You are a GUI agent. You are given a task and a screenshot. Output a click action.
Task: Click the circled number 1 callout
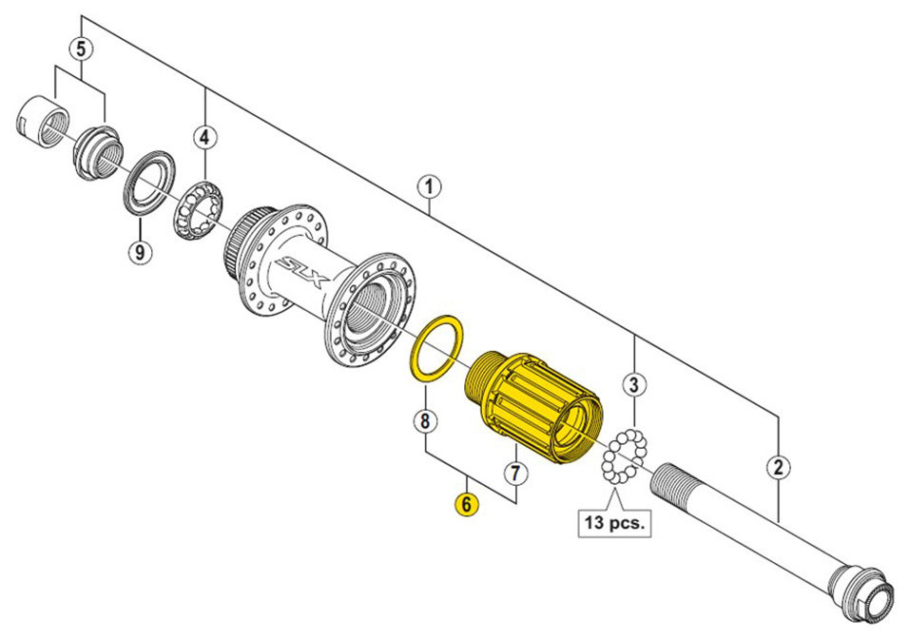(x=429, y=188)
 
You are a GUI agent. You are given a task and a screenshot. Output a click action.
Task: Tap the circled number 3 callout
(x=633, y=384)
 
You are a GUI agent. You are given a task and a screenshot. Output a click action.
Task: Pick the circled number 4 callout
(x=204, y=138)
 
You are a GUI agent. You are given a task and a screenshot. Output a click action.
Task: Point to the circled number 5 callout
(x=81, y=48)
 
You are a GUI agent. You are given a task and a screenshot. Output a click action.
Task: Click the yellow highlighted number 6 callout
(x=467, y=504)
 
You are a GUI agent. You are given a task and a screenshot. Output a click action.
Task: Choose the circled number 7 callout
(x=516, y=473)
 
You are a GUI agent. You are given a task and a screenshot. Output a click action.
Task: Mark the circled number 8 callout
(x=426, y=421)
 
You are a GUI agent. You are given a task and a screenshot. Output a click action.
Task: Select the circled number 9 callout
(x=139, y=252)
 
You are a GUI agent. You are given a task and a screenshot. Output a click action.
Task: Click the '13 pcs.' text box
(x=614, y=522)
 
